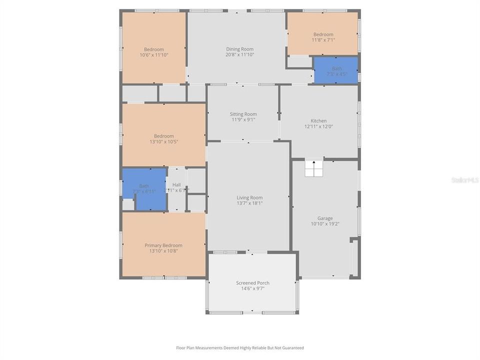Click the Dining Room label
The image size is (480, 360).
[x=240, y=48]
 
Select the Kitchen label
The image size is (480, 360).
[x=318, y=120]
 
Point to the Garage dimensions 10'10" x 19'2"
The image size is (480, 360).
[x=325, y=224]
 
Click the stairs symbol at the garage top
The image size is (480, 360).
[x=314, y=168]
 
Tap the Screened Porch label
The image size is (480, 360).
[x=252, y=282]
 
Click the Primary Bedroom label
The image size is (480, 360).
[x=163, y=245]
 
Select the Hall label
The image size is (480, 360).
[x=176, y=184]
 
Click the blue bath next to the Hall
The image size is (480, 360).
[x=144, y=188]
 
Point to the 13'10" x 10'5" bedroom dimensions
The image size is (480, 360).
[x=163, y=141]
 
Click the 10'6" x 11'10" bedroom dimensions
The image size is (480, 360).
[x=154, y=55]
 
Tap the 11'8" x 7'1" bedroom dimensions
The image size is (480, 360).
[x=323, y=40]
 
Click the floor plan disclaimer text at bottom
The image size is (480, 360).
[x=240, y=347]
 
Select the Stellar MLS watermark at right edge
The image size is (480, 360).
[x=464, y=179]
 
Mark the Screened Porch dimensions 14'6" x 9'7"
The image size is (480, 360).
[x=252, y=288]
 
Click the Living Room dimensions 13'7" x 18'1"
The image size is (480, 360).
[x=249, y=203]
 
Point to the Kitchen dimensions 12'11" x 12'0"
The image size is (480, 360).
[x=318, y=126]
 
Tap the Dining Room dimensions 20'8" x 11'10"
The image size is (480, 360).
[x=240, y=54]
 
